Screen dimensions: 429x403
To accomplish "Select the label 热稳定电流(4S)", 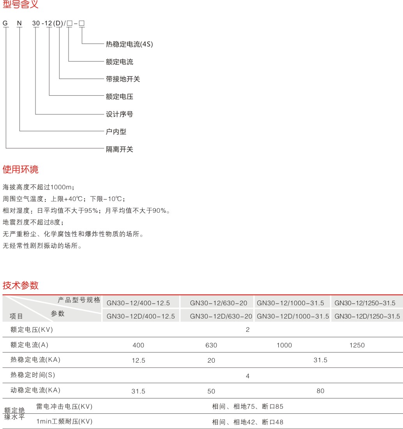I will [129, 44].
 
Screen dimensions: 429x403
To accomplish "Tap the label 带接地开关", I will [123, 79].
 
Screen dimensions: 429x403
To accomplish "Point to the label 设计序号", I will [119, 114].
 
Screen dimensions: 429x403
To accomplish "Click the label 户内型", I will [116, 132].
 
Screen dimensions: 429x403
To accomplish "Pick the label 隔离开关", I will [119, 150].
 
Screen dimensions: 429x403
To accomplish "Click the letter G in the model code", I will [5, 23].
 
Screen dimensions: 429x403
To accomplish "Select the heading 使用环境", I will [21, 169].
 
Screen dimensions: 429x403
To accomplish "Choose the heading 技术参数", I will [21, 285].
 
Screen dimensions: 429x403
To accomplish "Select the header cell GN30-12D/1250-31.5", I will [367, 316].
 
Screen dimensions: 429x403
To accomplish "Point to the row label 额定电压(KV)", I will [32, 330].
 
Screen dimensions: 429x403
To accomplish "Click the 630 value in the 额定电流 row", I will [211, 345].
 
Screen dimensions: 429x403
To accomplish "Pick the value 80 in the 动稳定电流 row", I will [320, 391].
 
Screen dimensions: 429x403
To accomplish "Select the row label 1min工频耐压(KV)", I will [64, 422].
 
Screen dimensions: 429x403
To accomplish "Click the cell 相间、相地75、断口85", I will [247, 407].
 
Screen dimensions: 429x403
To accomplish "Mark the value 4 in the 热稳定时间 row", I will [247, 376].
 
